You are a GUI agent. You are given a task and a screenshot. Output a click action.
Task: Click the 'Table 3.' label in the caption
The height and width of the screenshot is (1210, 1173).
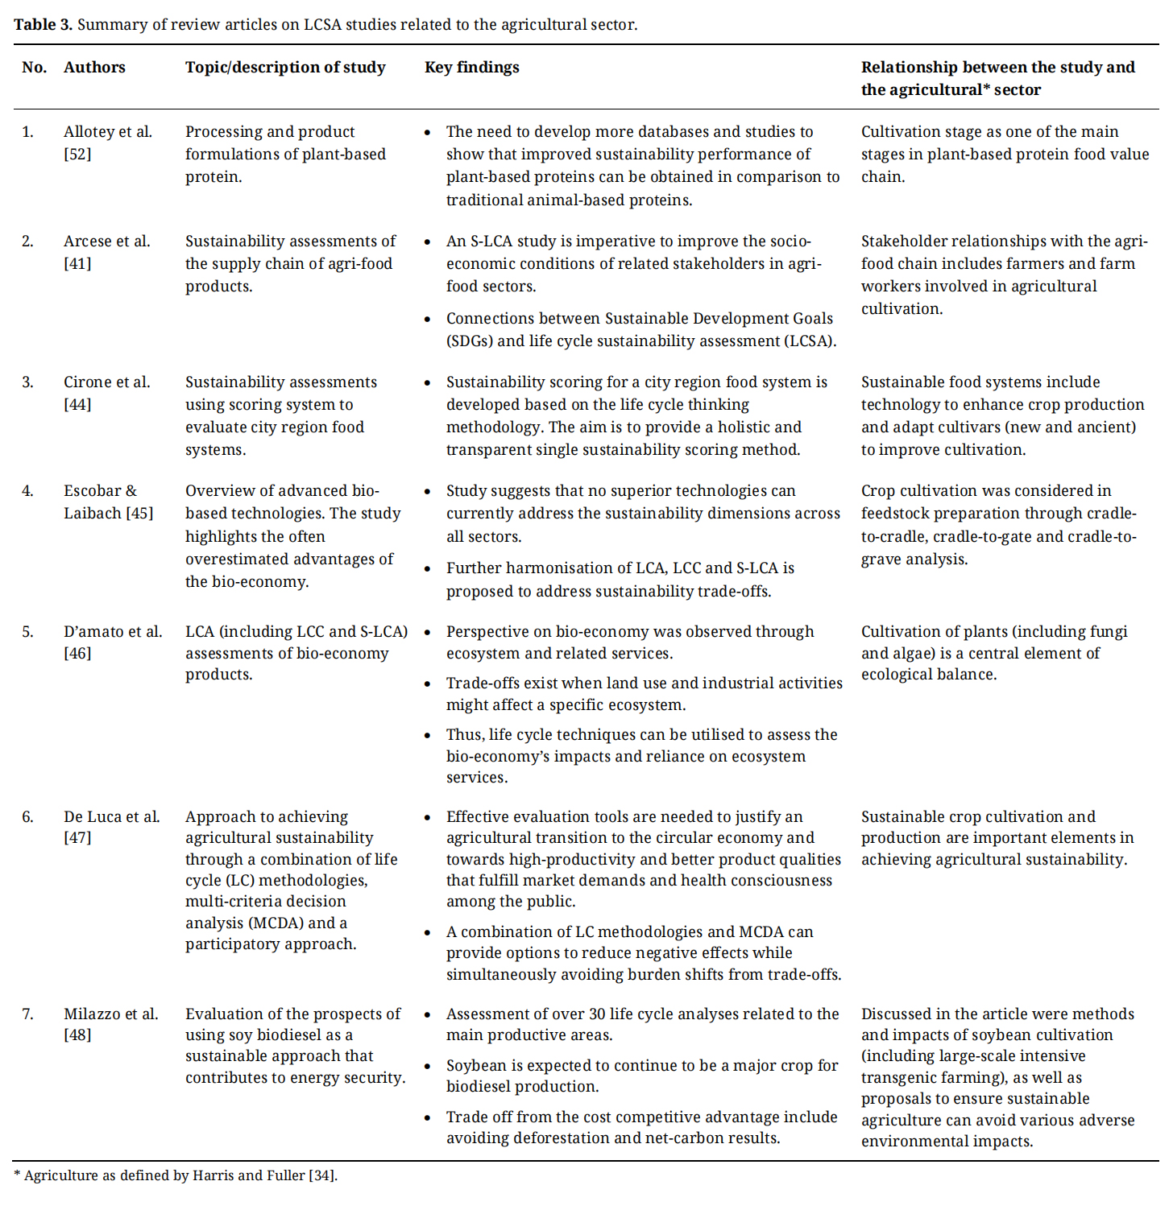(x=43, y=24)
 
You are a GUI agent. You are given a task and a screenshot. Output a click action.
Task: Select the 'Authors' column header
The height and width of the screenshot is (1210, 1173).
(x=94, y=68)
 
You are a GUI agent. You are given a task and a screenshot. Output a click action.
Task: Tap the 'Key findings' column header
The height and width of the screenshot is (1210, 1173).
(x=471, y=68)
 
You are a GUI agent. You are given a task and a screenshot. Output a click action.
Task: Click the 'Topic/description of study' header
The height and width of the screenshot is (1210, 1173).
(x=285, y=68)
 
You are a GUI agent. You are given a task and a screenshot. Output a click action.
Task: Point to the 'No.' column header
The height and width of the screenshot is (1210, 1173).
(x=34, y=68)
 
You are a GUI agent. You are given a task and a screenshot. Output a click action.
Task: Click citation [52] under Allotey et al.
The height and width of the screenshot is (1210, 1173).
(x=77, y=154)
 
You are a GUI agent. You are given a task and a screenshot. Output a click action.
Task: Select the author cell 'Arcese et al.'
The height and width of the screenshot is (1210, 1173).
(x=106, y=241)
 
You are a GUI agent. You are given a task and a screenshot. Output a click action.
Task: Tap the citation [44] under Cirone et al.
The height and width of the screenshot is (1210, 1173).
(x=77, y=404)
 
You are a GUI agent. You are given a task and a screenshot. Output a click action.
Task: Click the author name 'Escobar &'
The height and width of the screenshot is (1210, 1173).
(x=100, y=490)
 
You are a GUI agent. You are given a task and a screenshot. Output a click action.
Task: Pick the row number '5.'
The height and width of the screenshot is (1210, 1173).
(x=27, y=632)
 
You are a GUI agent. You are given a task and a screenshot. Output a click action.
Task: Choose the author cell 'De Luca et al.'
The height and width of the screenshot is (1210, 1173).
(x=111, y=816)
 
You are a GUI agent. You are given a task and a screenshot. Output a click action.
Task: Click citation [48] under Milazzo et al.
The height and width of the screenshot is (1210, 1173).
(x=77, y=1034)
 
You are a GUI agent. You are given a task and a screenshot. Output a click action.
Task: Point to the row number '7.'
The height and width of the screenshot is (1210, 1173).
(x=27, y=1014)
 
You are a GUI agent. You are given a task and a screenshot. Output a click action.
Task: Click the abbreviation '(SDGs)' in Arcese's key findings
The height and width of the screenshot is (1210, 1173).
(x=470, y=341)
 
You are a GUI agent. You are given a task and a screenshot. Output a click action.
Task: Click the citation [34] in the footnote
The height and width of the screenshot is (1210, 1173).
(x=321, y=1175)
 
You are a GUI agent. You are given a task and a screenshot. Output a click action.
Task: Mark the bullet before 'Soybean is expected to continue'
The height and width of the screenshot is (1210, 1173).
(x=428, y=1066)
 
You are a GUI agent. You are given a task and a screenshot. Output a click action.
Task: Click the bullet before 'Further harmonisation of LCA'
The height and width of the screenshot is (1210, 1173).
(x=428, y=568)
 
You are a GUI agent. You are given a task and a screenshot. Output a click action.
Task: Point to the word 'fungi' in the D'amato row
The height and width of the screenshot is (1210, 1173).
(x=1109, y=632)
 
